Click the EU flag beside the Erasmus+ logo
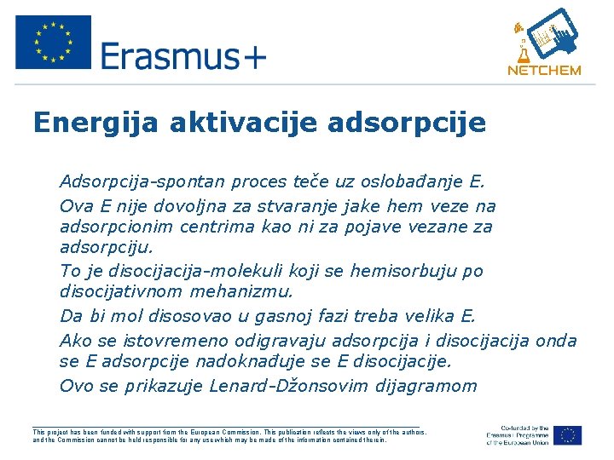53,41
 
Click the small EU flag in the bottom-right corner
567,434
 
